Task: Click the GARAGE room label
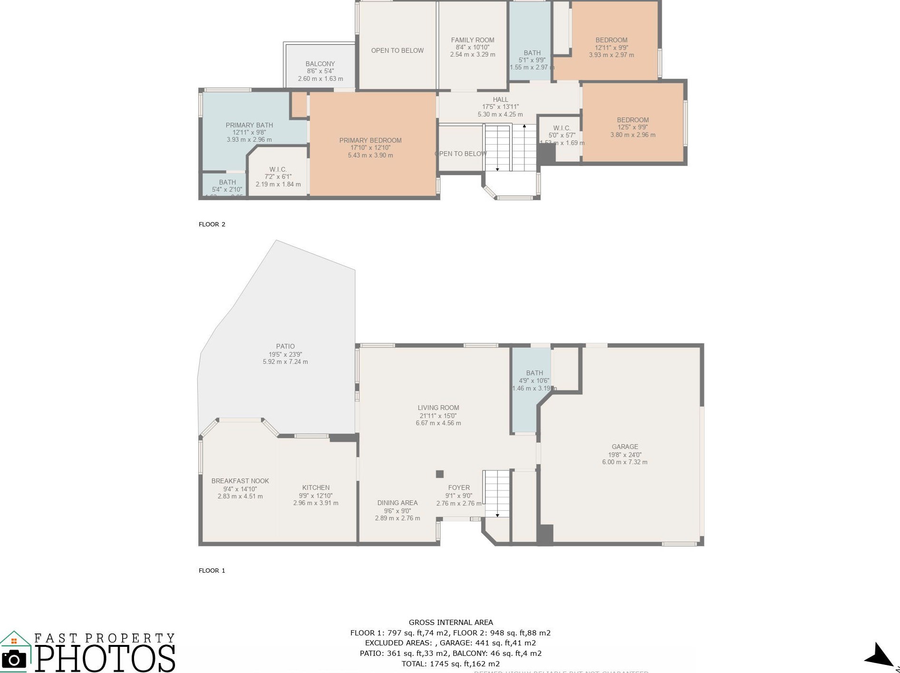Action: (x=625, y=447)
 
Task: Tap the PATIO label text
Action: (x=285, y=346)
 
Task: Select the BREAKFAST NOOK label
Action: (x=240, y=481)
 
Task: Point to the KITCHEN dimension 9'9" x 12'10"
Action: (x=316, y=496)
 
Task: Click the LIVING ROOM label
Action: (x=438, y=408)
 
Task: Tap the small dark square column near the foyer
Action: (x=440, y=474)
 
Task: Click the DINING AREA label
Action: (x=397, y=503)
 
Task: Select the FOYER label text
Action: (x=459, y=488)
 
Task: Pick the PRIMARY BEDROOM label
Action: (x=370, y=140)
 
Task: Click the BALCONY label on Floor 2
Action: (x=320, y=64)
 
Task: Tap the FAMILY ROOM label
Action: (x=473, y=40)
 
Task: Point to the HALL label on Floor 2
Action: (x=500, y=99)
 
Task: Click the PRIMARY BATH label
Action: (x=249, y=125)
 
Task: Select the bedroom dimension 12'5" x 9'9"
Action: (x=633, y=127)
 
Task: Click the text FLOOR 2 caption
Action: (x=212, y=224)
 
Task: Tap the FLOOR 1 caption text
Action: (x=212, y=570)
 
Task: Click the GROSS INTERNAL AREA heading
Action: (x=451, y=622)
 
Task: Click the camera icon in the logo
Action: (x=14, y=659)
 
